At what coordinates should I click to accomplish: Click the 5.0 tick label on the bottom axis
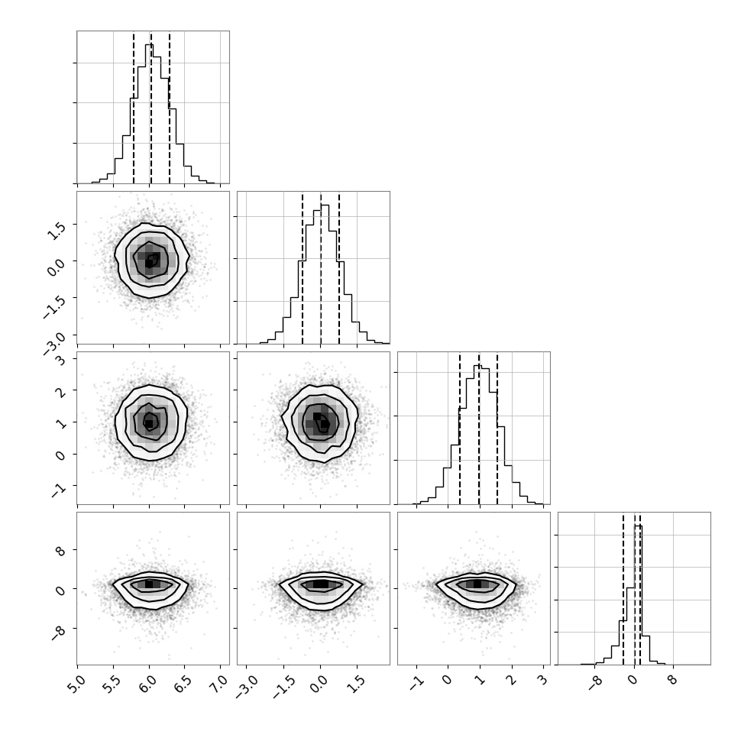(x=76, y=684)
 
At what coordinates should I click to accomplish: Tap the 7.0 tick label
(x=219, y=684)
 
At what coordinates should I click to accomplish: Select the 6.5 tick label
(x=183, y=684)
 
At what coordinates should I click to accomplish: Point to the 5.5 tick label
(x=112, y=684)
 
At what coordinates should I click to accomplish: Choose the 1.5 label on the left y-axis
(x=57, y=231)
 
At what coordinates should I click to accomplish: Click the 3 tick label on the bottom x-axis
(x=542, y=680)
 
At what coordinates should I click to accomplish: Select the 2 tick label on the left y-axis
(x=60, y=391)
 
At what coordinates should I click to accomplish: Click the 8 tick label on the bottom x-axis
(x=672, y=680)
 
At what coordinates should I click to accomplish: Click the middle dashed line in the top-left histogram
(x=150, y=108)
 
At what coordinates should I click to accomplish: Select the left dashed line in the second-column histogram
(x=303, y=268)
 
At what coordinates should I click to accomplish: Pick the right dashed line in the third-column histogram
(x=497, y=428)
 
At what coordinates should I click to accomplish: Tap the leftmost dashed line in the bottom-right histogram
(x=623, y=588)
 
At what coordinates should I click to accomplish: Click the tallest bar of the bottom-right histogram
(x=638, y=595)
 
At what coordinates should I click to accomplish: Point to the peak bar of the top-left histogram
(x=149, y=113)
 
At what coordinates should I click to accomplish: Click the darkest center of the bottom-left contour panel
(x=149, y=584)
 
